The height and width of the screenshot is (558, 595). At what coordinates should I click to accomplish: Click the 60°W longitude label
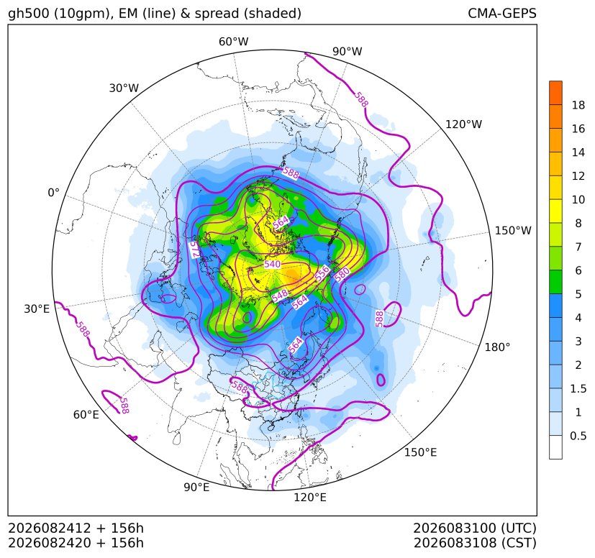pyautogui.click(x=233, y=42)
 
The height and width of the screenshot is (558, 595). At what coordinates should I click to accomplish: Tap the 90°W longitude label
pyautogui.click(x=348, y=51)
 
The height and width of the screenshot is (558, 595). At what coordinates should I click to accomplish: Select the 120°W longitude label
pyautogui.click(x=463, y=124)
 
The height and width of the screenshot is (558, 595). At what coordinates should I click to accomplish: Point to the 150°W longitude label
pyautogui.click(x=513, y=230)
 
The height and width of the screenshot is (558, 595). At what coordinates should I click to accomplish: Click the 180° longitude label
pyautogui.click(x=497, y=347)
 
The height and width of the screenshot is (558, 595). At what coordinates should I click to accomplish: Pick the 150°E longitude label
pyautogui.click(x=420, y=452)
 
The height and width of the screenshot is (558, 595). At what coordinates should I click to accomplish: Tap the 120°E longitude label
pyautogui.click(x=310, y=498)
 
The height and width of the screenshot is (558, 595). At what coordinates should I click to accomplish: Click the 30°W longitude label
pyautogui.click(x=124, y=88)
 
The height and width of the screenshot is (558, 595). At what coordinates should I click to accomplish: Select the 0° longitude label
pyautogui.click(x=53, y=193)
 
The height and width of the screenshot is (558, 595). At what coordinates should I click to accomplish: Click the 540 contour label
pyautogui.click(x=272, y=264)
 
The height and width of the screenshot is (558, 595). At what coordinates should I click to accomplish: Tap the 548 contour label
pyautogui.click(x=280, y=296)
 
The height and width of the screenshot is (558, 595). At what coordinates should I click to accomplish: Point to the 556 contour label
pyautogui.click(x=322, y=274)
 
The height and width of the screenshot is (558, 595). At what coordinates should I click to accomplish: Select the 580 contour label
pyautogui.click(x=341, y=274)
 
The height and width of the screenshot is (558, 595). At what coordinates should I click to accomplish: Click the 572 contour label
pyautogui.click(x=194, y=250)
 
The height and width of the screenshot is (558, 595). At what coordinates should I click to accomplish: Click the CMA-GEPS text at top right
pyautogui.click(x=502, y=13)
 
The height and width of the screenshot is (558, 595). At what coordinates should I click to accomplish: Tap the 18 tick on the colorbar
pyautogui.click(x=578, y=105)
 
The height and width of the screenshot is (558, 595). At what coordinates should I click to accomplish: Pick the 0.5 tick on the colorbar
pyautogui.click(x=578, y=436)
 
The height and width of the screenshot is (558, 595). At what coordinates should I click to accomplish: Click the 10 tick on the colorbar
pyautogui.click(x=578, y=199)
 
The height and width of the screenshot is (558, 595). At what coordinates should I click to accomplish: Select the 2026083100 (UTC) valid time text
pyautogui.click(x=475, y=528)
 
